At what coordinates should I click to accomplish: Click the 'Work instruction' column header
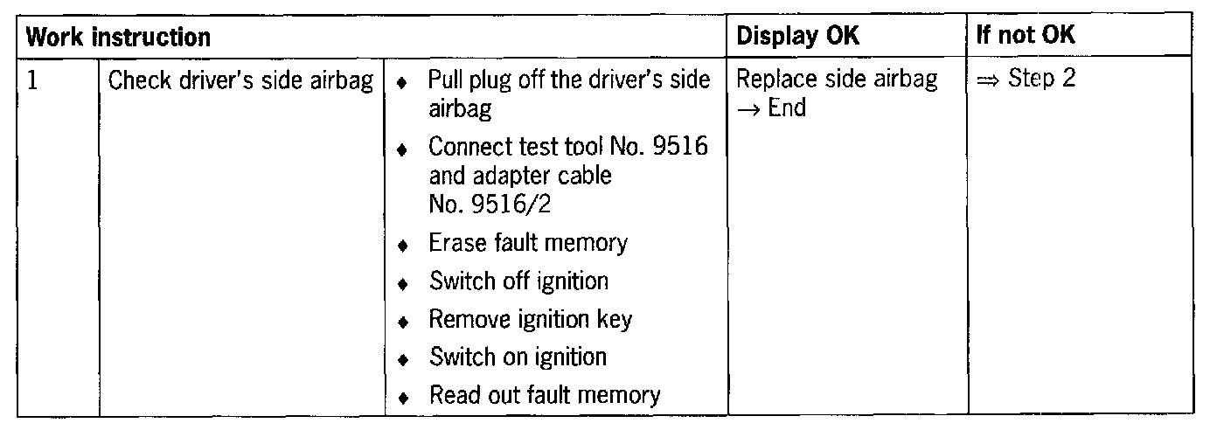pos(117,38)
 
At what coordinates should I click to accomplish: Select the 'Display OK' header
pos(798,37)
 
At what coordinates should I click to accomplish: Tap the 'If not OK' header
pos(1027,37)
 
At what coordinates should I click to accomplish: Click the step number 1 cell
pos(32,80)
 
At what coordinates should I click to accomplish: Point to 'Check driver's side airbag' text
pos(240,80)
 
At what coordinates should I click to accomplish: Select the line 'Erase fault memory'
pos(527,243)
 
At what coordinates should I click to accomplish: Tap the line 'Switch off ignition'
pos(518,281)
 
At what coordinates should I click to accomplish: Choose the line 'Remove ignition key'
pos(530,319)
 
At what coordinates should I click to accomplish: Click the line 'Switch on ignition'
pos(518,357)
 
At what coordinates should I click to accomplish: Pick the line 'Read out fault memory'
pos(544,395)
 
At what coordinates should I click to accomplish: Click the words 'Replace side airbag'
pos(837,80)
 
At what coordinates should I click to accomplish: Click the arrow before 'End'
pos(749,109)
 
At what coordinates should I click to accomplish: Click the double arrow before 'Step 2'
pos(989,80)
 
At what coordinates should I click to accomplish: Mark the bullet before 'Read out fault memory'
pos(402,397)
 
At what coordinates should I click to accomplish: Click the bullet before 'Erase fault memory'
pos(402,245)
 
